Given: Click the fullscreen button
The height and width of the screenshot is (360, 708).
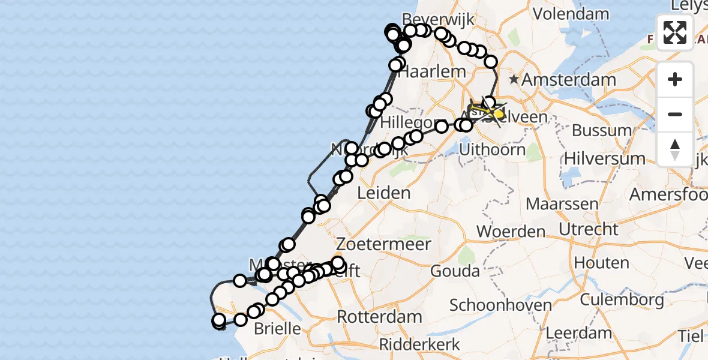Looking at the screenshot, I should pyautogui.click(x=675, y=32).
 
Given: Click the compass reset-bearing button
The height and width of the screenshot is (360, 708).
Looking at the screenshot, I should pyautogui.click(x=675, y=149).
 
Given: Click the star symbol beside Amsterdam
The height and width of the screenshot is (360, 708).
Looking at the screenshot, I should pyautogui.click(x=514, y=79).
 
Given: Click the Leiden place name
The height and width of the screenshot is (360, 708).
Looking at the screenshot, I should pyautogui.click(x=383, y=193).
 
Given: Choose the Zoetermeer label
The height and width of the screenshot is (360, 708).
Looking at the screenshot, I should pyautogui.click(x=383, y=244).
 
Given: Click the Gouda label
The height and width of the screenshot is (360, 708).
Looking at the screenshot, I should pyautogui.click(x=456, y=271).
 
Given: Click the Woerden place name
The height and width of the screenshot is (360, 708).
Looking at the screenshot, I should pyautogui.click(x=511, y=232).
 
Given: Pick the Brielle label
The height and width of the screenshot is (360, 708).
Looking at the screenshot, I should pyautogui.click(x=277, y=328).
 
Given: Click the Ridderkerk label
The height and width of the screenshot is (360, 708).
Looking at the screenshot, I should pyautogui.click(x=420, y=344).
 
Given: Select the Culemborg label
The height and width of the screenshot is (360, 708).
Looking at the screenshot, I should pyautogui.click(x=622, y=299).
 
